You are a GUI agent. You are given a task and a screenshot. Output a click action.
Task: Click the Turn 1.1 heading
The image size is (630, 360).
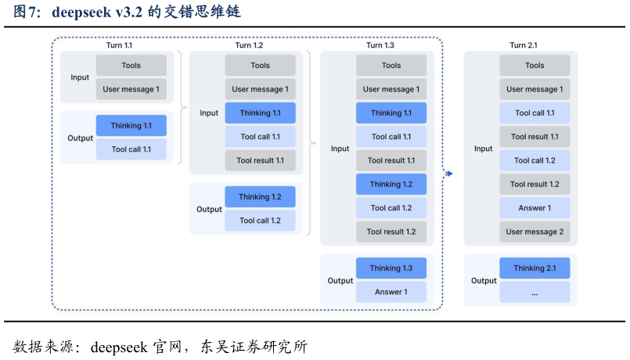click(119, 45)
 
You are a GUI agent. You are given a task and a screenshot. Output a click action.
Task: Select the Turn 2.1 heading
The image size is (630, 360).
click(523, 45)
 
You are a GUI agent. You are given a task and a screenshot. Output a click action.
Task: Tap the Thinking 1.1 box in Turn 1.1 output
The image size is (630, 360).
click(131, 125)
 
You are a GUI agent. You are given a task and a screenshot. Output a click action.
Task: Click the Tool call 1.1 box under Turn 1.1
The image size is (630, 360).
click(131, 149)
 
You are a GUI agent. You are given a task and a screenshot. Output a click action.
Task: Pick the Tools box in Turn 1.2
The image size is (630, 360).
click(261, 66)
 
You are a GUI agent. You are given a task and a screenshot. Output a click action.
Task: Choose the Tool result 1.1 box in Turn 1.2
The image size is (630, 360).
click(261, 160)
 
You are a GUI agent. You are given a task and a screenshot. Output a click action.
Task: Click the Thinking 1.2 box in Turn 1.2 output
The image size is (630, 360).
click(261, 196)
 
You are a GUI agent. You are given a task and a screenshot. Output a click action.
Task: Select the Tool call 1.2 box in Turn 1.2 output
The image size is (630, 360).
click(261, 220)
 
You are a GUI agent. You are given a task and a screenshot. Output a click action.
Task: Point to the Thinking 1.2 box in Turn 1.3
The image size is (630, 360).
click(391, 184)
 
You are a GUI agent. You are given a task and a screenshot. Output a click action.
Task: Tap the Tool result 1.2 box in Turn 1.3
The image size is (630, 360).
click(391, 232)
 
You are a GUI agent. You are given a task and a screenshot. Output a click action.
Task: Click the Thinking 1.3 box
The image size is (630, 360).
click(391, 268)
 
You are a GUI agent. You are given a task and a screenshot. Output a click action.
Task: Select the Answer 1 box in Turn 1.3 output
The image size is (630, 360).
click(391, 292)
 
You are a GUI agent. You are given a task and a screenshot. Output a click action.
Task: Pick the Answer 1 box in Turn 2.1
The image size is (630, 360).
click(535, 208)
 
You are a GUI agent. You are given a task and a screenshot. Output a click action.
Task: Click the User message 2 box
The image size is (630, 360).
click(535, 232)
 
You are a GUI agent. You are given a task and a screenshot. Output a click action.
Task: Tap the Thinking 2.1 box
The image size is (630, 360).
click(535, 268)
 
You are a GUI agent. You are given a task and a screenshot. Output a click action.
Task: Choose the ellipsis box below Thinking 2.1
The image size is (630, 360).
click(535, 292)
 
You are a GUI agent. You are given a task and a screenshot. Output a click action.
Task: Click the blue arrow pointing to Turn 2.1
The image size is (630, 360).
click(448, 173)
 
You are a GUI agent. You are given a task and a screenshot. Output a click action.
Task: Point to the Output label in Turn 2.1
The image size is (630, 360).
click(484, 281)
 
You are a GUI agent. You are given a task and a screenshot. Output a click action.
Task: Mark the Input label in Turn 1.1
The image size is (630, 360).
click(80, 77)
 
